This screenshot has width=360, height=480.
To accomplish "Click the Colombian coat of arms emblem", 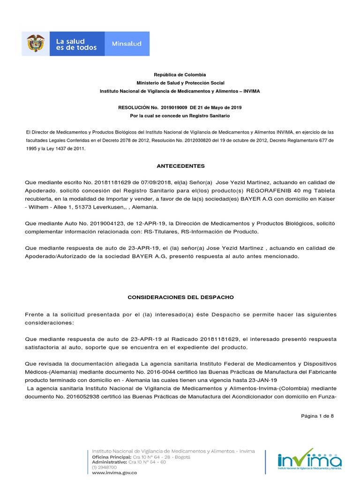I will pyautogui.click(x=36, y=44).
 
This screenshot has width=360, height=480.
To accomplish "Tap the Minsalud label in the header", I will pyautogui.click(x=127, y=44).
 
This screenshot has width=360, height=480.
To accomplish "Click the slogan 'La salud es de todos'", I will pyautogui.click(x=76, y=44).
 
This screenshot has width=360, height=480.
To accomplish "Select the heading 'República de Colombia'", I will pyautogui.click(x=180, y=75).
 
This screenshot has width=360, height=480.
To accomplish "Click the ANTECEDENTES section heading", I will pyautogui.click(x=180, y=166).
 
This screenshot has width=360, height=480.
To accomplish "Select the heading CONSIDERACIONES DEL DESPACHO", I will pyautogui.click(x=180, y=297).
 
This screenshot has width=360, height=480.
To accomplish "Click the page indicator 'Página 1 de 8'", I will pyautogui.click(x=317, y=416).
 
